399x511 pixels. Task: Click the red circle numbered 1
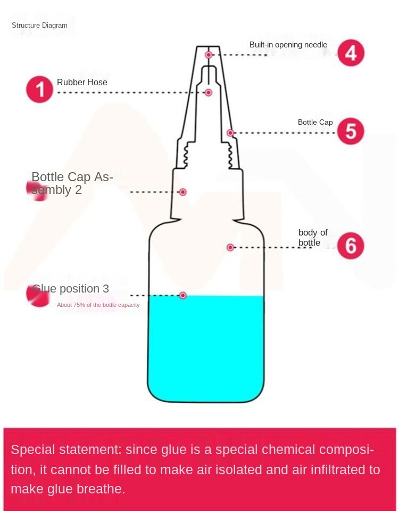coord(39,89)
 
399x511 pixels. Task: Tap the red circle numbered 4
coord(351,53)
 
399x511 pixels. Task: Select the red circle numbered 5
coord(351,131)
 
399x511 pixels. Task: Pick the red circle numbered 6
coord(351,246)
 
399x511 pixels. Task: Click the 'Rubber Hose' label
coord(82,82)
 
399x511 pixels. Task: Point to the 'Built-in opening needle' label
coord(288,45)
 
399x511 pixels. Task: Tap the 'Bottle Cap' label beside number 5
coord(315,122)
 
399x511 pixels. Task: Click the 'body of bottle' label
coord(313,238)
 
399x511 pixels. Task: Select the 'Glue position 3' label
coord(71,289)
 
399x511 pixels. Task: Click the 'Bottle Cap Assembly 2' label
coord(72,183)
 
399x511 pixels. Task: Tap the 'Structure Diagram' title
coord(39,25)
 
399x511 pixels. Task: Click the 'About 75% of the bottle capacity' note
coord(98,305)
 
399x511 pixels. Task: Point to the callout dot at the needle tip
coord(209,55)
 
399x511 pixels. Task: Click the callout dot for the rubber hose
coord(209,93)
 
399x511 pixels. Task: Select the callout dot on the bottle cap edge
coord(230,133)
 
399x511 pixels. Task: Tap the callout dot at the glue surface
coord(183,295)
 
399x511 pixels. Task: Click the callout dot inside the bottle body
coord(230,247)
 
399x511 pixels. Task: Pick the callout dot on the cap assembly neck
coord(183,192)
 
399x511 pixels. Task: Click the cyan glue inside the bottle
coord(206,348)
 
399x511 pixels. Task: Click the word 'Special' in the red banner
coord(33,450)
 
